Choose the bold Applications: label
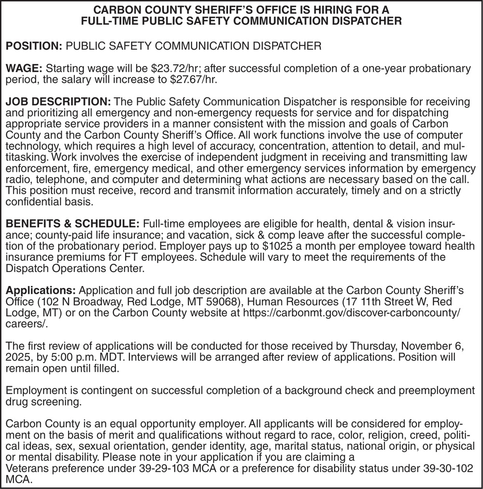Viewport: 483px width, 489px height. pos(41,290)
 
